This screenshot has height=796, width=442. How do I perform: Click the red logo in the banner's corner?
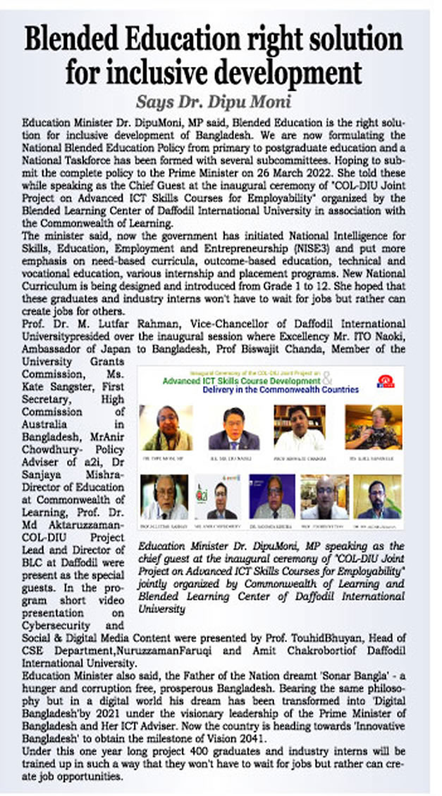point(388,381)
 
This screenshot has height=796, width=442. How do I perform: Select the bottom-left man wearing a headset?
point(164,496)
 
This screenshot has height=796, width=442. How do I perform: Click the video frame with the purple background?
point(271,496)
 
